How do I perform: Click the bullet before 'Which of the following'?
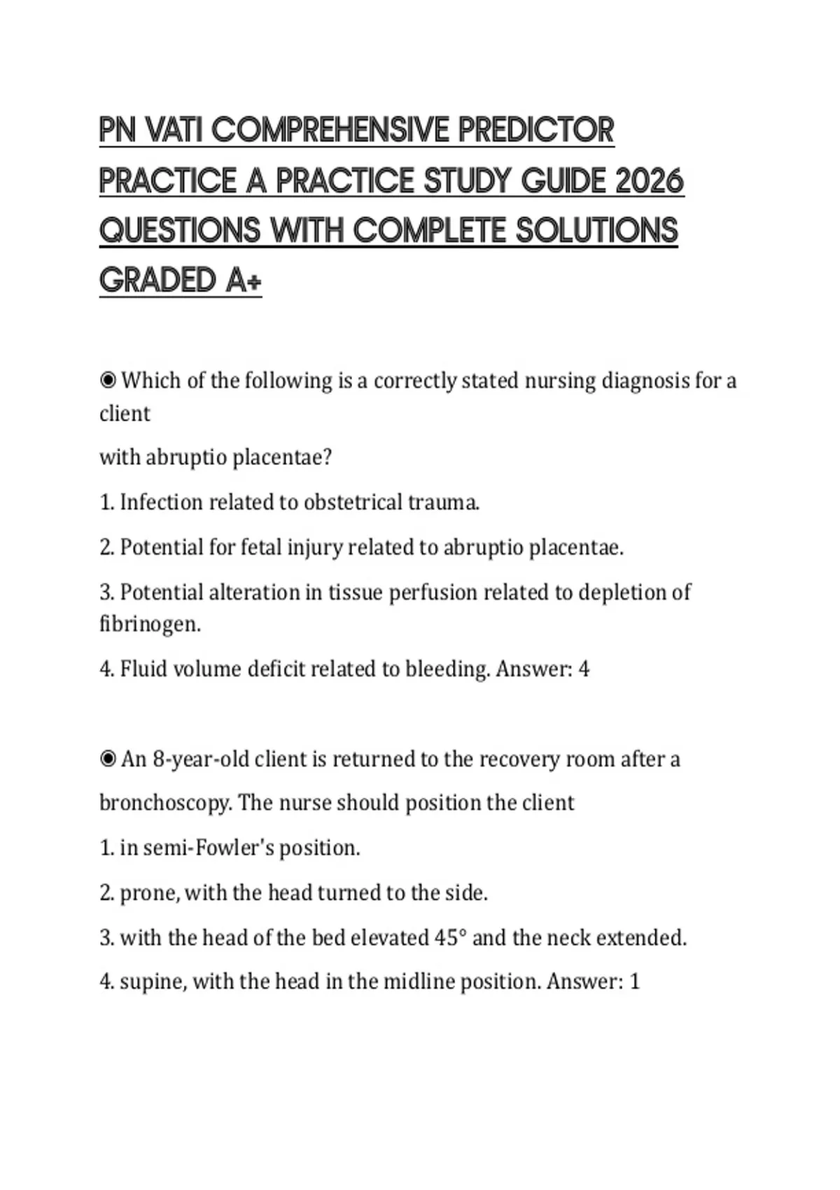pyautogui.click(x=108, y=381)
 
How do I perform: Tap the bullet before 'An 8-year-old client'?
pyautogui.click(x=108, y=759)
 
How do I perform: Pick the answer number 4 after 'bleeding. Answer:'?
pyautogui.click(x=584, y=669)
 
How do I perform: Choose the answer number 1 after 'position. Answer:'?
pyautogui.click(x=634, y=981)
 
